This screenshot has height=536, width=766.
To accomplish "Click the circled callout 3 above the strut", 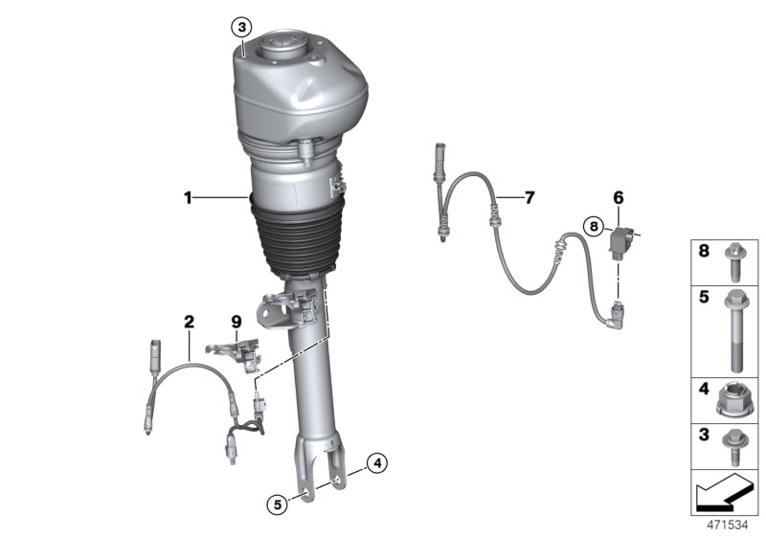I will (242, 26).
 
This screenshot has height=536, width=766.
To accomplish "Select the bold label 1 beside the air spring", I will (189, 198).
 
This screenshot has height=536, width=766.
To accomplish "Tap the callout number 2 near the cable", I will (189, 322).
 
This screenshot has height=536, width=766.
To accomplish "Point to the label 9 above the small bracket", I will (236, 322).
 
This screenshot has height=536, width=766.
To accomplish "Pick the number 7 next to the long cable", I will (529, 198).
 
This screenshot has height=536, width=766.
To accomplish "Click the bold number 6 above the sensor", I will (618, 197).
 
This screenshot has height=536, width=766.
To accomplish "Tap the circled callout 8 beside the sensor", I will (595, 227).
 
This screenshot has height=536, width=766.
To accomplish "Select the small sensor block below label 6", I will (621, 246).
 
